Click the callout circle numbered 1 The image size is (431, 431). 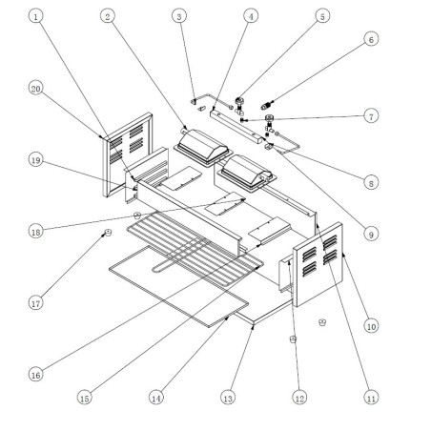click(35, 17)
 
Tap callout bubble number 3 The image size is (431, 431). click(178, 16)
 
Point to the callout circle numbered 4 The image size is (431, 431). click(250, 16)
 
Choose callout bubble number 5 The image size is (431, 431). click(321, 16)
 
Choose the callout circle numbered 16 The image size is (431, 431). click(35, 375)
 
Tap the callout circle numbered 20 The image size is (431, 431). click(35, 88)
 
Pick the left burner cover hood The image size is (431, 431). click(201, 148)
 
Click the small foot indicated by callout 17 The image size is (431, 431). click(108, 231)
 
